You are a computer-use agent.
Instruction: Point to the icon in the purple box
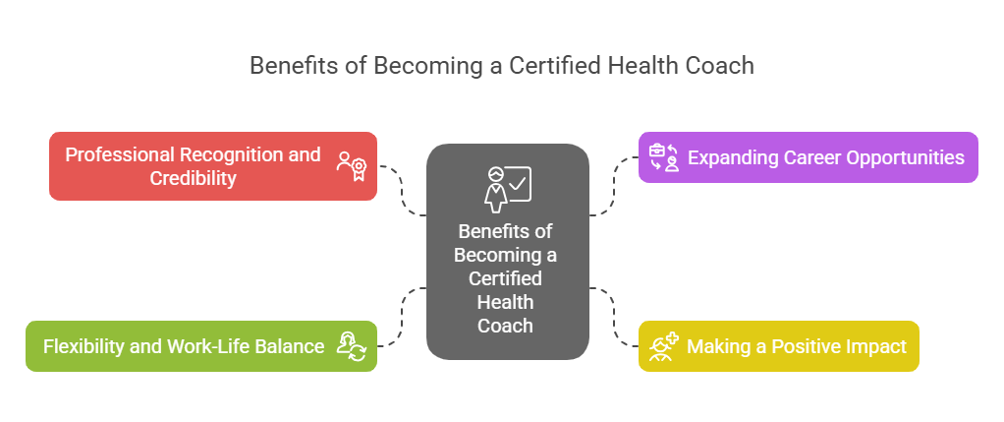[x=664, y=157]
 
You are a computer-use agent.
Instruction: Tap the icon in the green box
[x=352, y=346]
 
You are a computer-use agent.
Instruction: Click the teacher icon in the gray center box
[x=507, y=188]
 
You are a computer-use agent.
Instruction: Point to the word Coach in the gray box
[x=507, y=326]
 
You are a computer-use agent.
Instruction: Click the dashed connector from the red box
[x=403, y=187]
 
